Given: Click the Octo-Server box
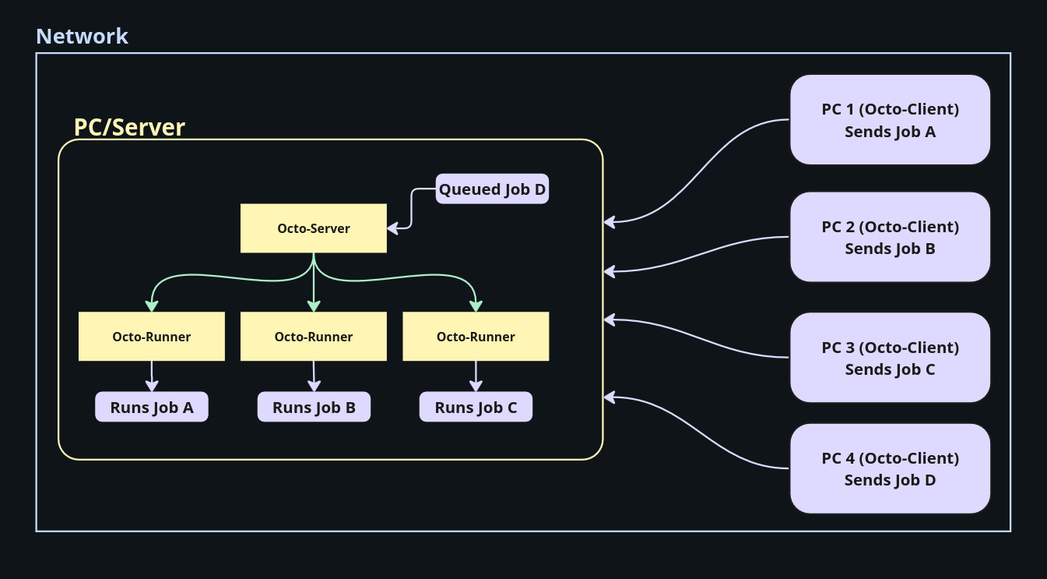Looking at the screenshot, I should (313, 228).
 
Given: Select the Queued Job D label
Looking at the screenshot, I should (492, 189).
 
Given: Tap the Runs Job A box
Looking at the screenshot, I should (152, 407).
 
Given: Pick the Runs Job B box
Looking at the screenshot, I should (314, 407).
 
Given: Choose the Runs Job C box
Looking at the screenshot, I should (476, 407).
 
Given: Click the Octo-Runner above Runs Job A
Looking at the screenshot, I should (152, 337).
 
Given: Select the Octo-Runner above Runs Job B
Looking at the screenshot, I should (314, 337).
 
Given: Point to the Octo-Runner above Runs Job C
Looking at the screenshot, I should (476, 337).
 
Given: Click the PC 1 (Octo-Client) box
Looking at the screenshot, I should (890, 120).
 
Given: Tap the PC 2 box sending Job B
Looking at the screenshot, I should (890, 237).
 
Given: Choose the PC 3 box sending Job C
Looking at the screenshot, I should (890, 358).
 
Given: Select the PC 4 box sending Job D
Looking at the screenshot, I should (890, 468).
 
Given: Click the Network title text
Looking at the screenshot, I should (82, 36).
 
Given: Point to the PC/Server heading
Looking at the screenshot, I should (129, 127).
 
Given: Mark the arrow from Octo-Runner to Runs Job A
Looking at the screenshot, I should (152, 376).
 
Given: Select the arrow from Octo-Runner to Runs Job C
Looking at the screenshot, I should (476, 376).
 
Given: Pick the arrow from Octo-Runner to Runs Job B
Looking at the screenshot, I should (314, 376).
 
